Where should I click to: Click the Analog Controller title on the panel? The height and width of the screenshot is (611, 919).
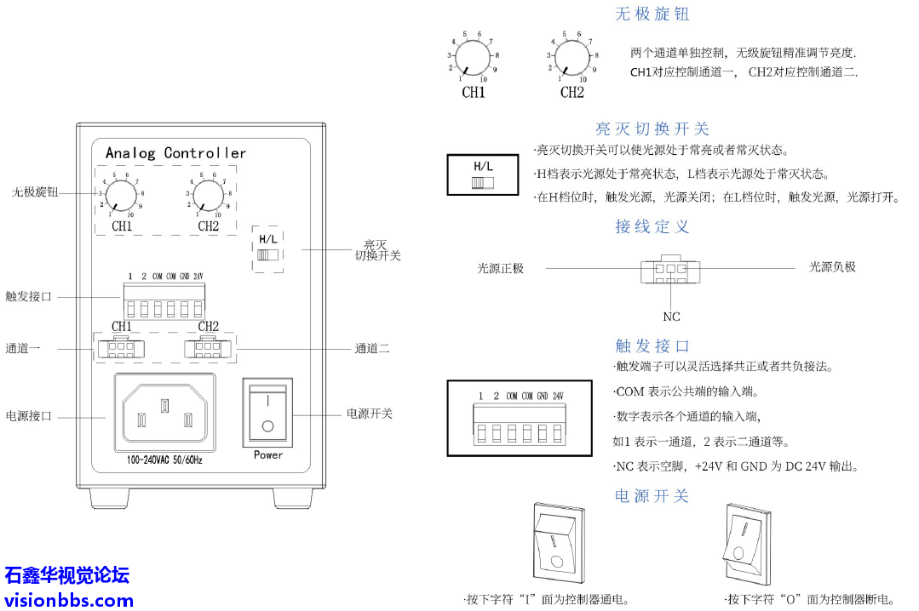[x=175, y=153]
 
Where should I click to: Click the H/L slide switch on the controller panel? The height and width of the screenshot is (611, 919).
[x=268, y=254]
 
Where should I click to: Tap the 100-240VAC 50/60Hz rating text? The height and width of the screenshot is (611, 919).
[x=165, y=460]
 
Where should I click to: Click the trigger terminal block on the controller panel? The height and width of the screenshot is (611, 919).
[x=164, y=302]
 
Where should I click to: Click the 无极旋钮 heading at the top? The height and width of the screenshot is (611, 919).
[x=652, y=14]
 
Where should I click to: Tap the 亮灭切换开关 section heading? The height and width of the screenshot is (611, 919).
[x=652, y=129]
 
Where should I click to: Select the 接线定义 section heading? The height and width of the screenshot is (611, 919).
[x=652, y=227]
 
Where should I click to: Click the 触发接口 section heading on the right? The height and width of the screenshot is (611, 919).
[x=652, y=346]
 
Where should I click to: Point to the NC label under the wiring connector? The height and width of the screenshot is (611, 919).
[x=672, y=317]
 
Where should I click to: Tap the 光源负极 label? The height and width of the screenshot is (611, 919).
[x=832, y=267]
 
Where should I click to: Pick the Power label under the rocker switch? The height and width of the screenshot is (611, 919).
[x=268, y=455]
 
